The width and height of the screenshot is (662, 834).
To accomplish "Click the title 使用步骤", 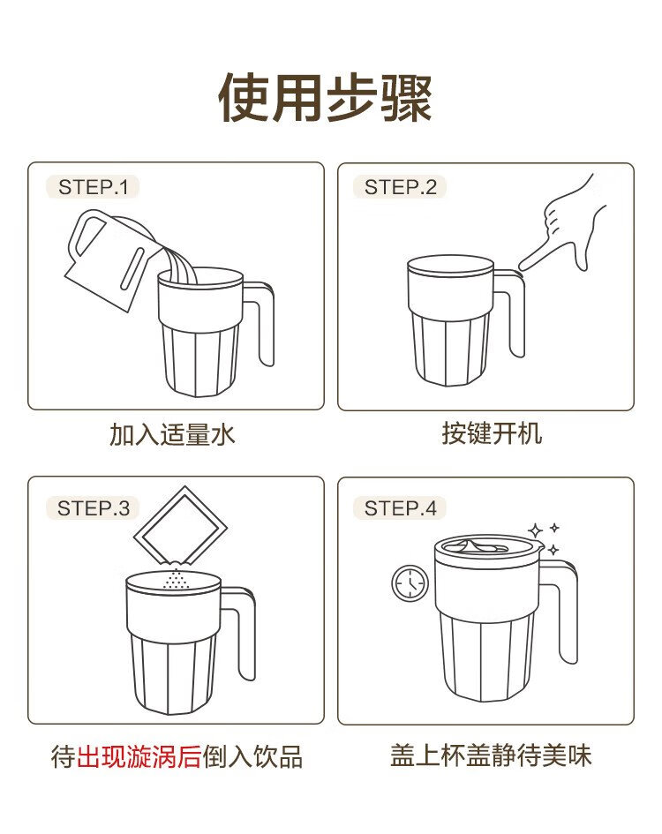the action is (x=325, y=98).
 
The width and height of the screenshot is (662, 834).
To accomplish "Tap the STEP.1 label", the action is (x=94, y=187).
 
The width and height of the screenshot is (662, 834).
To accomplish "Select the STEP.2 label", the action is (x=400, y=187).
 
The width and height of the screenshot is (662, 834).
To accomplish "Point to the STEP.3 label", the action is (x=94, y=508).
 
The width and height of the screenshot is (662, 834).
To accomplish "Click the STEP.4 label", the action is (x=400, y=508).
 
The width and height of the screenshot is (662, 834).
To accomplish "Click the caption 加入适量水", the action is (x=172, y=434).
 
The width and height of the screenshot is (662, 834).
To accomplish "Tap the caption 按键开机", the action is (x=492, y=433).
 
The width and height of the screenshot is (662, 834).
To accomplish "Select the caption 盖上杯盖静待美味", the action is (x=491, y=755).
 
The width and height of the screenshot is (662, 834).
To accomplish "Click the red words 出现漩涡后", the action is (x=139, y=756).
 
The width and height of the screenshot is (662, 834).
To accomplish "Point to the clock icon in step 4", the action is (x=410, y=583).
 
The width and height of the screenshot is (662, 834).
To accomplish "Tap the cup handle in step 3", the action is (x=246, y=633).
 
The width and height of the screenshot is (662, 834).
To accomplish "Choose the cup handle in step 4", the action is (x=568, y=612).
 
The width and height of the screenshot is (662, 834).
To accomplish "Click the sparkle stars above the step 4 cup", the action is (x=544, y=538).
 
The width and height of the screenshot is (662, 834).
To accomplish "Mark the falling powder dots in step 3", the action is (x=176, y=579).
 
